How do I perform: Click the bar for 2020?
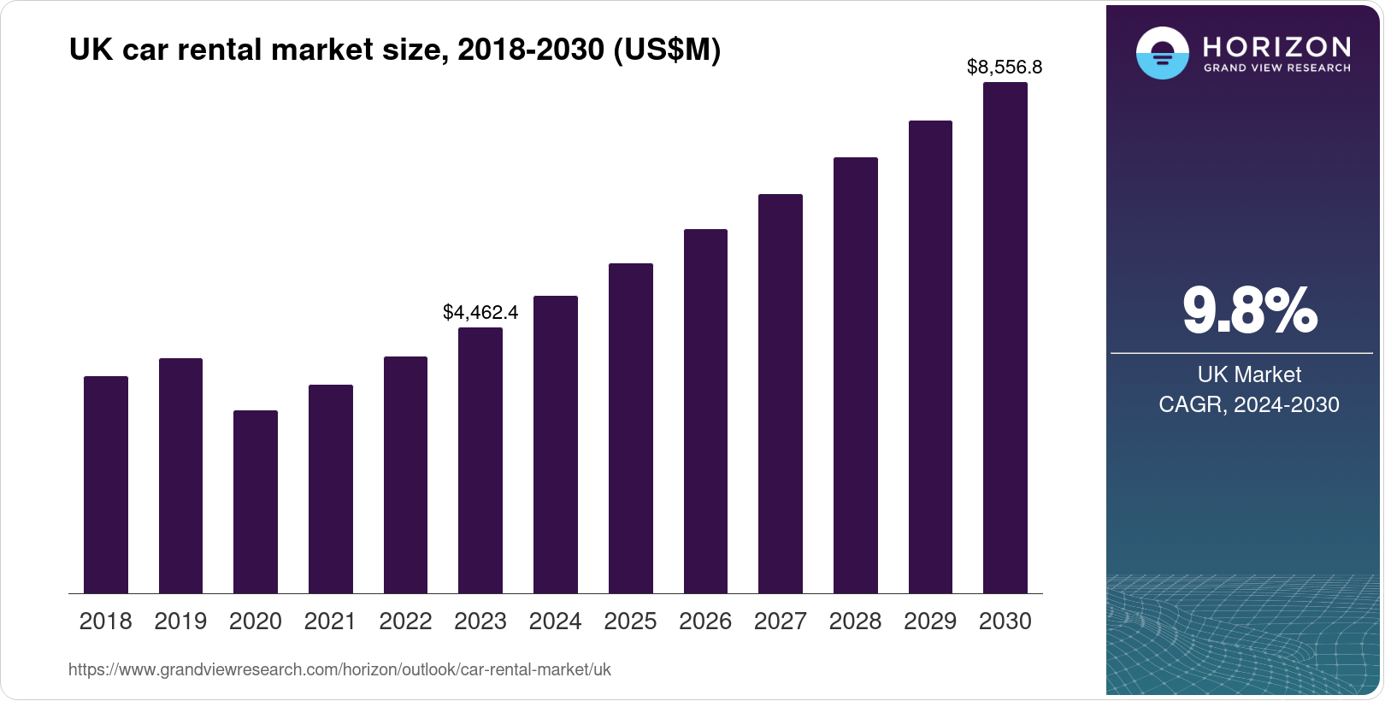coord(256,502)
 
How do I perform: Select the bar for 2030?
coord(1005,338)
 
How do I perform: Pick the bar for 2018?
coord(106,485)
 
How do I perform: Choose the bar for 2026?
coord(705,411)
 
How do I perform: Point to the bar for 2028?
coord(856,375)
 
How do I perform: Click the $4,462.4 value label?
coord(480,312)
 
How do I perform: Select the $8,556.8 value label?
coord(1005,67)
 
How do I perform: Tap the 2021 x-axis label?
coord(330,621)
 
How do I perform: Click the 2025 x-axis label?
coord(630,621)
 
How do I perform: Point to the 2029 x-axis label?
coord(930,621)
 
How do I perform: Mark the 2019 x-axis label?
coord(180,621)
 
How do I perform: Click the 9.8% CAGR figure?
coord(1249,311)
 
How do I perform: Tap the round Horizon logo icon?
coord(1162,53)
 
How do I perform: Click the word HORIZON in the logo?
coord(1276,46)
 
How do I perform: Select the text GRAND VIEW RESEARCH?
coord(1276,68)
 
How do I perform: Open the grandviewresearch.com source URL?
coord(339,669)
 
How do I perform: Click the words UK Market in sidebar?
coord(1249,374)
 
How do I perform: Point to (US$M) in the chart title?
coord(667,50)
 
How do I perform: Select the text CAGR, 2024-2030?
coord(1249,404)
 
